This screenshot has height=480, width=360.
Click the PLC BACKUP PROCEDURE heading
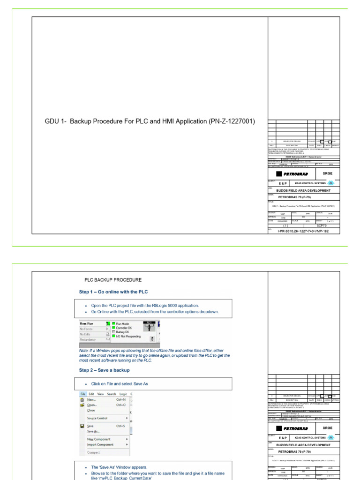112,280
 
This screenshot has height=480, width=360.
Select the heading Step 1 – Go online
113,292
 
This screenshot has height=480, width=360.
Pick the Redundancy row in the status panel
90,339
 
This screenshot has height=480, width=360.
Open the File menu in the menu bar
82,394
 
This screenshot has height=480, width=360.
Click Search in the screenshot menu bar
112,394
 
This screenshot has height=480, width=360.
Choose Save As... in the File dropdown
93,431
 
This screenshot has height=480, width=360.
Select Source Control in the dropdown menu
97,418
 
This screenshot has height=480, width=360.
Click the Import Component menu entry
100,444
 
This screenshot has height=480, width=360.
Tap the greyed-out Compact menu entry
93,452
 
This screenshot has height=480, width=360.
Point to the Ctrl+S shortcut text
120,426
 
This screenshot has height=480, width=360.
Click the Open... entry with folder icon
92,405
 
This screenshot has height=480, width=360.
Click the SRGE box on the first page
327,173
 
